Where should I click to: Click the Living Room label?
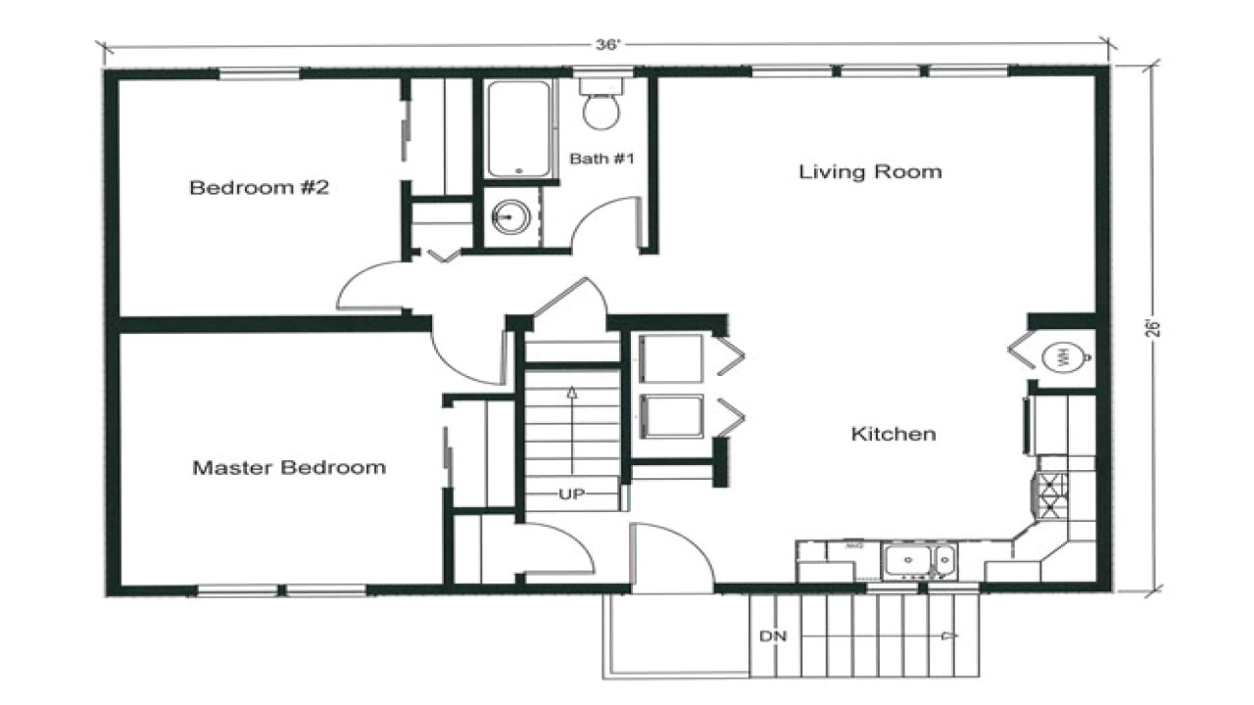pyautogui.click(x=870, y=172)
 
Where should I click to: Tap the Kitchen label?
pyautogui.click(x=892, y=433)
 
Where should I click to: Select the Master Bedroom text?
pyautogui.click(x=288, y=467)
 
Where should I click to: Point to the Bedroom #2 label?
pyautogui.click(x=259, y=187)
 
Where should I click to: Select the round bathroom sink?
pyautogui.click(x=510, y=215)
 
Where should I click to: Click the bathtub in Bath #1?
pyautogui.click(x=518, y=129)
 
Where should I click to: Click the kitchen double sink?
pyautogui.click(x=918, y=561)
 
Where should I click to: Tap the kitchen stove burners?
pyautogui.click(x=1052, y=495)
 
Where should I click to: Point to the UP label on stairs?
pyautogui.click(x=571, y=494)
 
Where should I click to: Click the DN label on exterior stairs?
pyautogui.click(x=771, y=636)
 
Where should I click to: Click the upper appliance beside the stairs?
pyautogui.click(x=671, y=359)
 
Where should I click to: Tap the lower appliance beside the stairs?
pyautogui.click(x=671, y=417)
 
